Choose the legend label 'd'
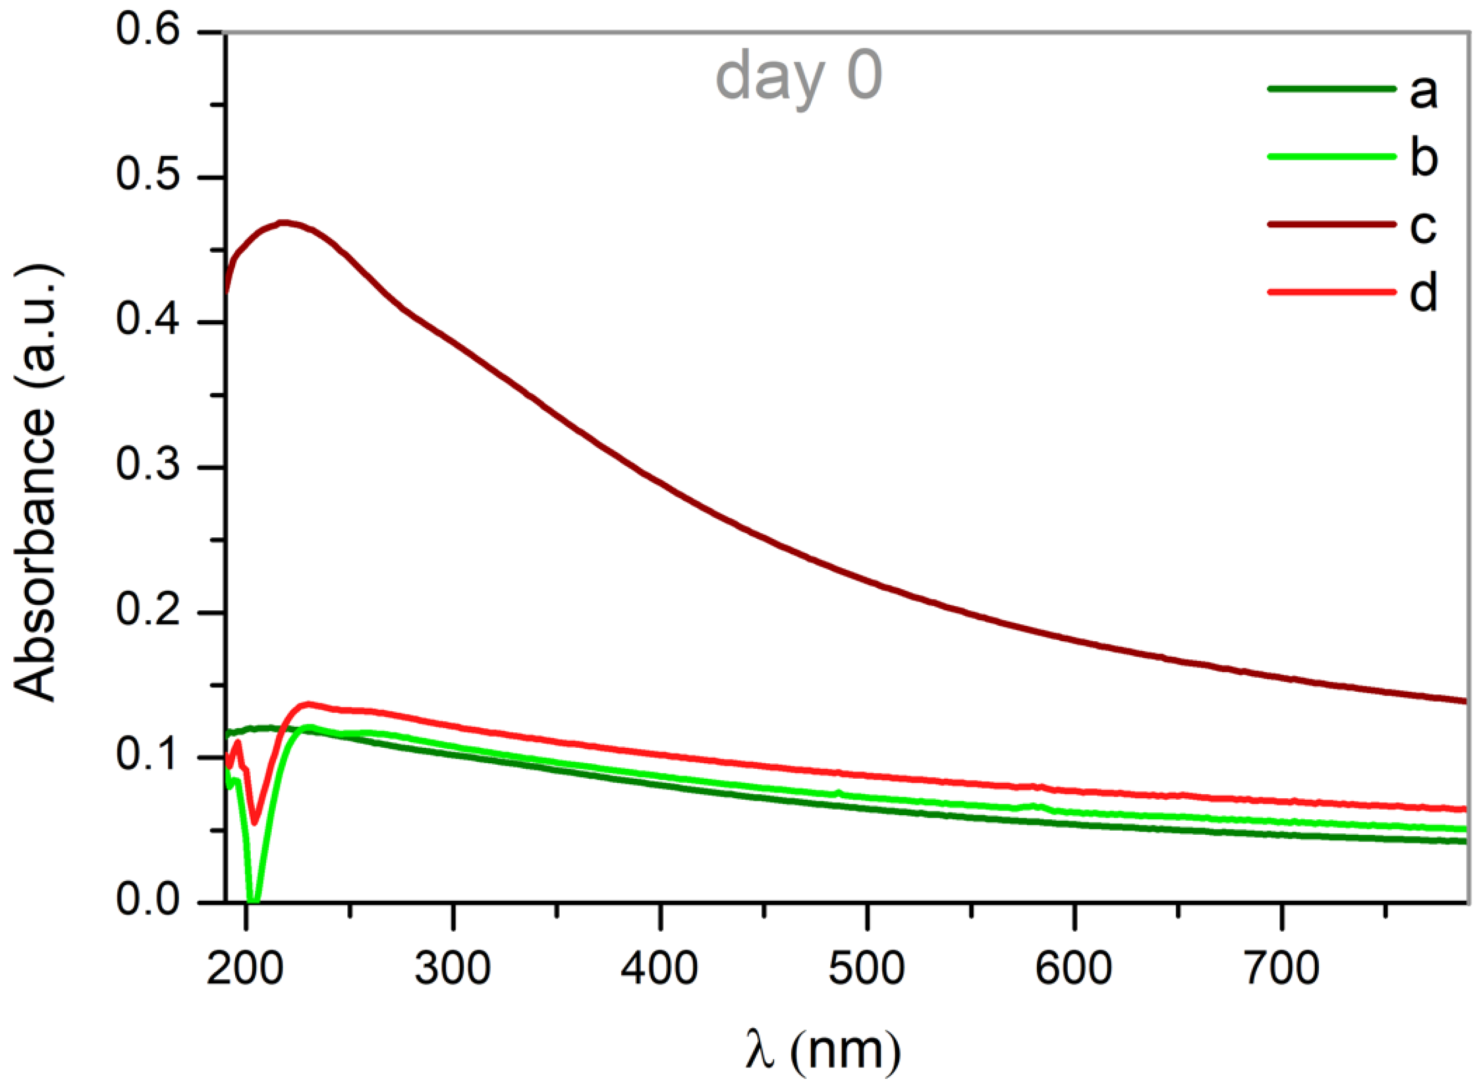point(1423,291)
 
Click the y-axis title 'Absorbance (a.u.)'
point(36,484)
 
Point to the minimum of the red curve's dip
point(255,821)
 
